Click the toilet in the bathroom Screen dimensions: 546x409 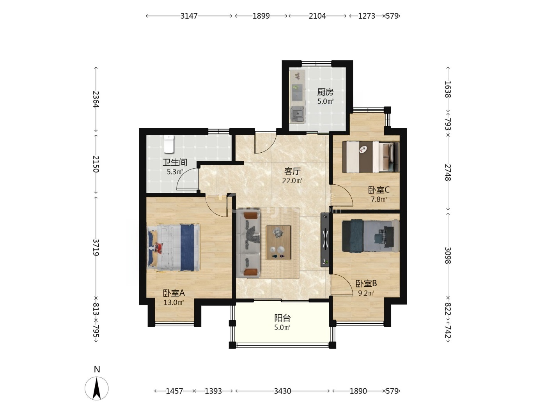click(168, 144)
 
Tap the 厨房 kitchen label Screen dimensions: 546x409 click(325, 92)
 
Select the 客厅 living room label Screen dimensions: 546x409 click(292, 171)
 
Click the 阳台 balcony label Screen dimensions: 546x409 click(282, 318)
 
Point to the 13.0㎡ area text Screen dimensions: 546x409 click(174, 303)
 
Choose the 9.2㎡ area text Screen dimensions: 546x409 click(366, 293)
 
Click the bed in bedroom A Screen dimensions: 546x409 click(174, 247)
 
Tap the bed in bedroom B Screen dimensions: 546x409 click(370, 236)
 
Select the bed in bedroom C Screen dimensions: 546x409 click(370, 157)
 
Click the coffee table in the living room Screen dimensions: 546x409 click(278, 243)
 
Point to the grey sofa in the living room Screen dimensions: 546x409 click(248, 243)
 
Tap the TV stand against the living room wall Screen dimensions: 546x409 click(325, 240)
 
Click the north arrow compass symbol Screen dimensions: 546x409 click(96, 388)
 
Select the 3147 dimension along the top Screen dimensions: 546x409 click(189, 16)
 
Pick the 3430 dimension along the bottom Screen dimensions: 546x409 click(282, 391)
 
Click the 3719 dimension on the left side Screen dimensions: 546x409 click(96, 247)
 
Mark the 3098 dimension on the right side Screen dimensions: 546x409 click(448, 255)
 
